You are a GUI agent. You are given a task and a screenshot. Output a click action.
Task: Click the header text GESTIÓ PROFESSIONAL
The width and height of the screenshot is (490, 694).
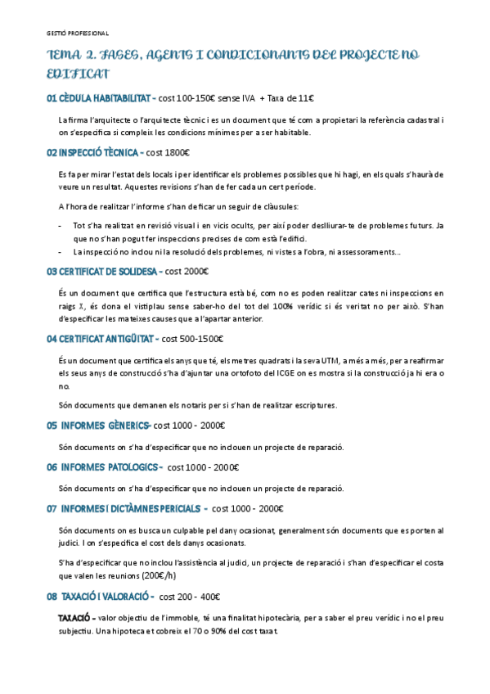pos(78,34)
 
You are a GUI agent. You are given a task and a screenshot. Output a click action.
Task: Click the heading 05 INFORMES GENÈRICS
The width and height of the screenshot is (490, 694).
pos(98,426)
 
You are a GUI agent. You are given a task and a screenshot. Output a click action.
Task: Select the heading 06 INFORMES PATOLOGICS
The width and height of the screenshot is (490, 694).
pos(103,467)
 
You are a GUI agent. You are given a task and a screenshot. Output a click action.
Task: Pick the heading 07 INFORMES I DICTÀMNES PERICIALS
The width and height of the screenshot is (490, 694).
pos(127,509)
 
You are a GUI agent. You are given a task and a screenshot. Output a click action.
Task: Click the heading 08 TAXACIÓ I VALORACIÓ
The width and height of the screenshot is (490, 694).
pos(99,597)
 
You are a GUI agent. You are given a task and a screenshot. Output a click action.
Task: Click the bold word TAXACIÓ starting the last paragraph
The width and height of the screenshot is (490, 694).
pos(77,617)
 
